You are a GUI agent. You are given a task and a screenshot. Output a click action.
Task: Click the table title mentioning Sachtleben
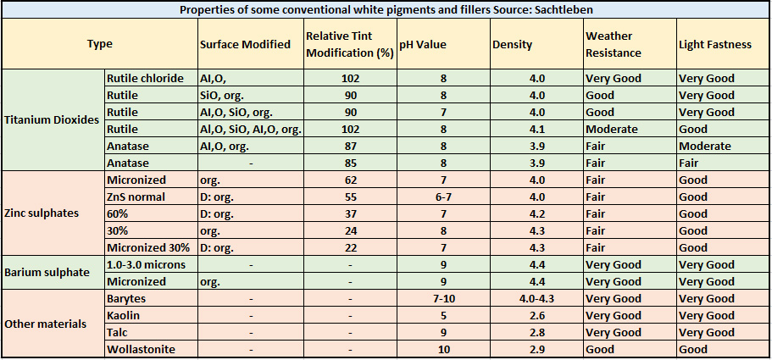pos(386,9)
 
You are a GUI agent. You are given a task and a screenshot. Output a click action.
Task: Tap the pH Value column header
pos(423,44)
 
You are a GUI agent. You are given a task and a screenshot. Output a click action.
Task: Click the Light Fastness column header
pos(714,44)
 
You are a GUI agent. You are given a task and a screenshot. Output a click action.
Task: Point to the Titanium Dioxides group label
pos(51,120)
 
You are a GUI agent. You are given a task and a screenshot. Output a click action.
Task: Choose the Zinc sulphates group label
pos(42,213)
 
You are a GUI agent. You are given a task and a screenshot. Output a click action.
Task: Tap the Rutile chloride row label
pos(145,78)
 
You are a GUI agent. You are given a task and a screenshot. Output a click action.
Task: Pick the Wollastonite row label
pos(140,349)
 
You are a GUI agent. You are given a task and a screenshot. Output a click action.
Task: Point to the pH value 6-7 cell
pos(443,197)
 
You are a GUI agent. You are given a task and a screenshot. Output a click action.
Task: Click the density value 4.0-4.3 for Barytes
pos(536,298)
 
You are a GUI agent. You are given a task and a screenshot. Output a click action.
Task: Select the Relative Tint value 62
pos(350,180)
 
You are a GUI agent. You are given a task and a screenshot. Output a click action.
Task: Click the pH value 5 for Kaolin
pos(443,315)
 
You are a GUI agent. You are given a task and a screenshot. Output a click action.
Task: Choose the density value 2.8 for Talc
pos(536,332)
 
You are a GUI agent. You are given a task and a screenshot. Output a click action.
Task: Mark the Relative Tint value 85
pos(350,163)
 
